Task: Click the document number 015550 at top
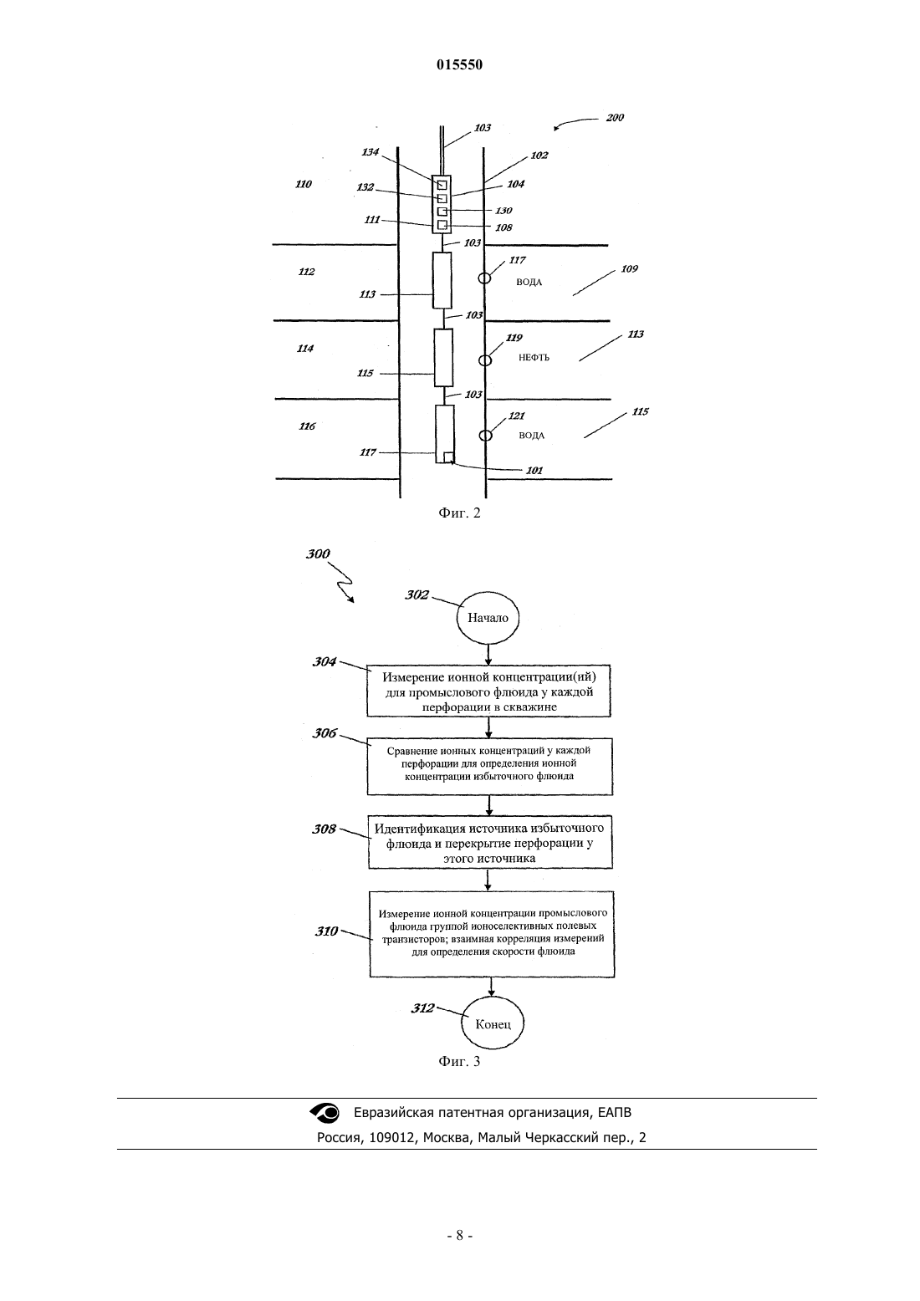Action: point(459,64)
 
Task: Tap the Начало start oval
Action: point(488,617)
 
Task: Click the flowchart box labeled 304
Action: point(488,691)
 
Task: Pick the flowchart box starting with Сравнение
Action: point(489,767)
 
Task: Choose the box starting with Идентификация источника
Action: point(490,842)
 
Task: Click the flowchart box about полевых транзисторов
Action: point(492,934)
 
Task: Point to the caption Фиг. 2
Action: point(459,513)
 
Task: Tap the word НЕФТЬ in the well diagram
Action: point(534,358)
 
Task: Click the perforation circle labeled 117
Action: point(484,278)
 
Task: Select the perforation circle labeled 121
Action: point(486,436)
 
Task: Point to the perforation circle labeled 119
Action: point(485,360)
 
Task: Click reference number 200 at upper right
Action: point(615,117)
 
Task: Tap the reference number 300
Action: point(318,554)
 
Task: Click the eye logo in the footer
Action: point(325,1112)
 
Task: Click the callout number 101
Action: point(534,471)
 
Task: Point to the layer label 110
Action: point(303,184)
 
